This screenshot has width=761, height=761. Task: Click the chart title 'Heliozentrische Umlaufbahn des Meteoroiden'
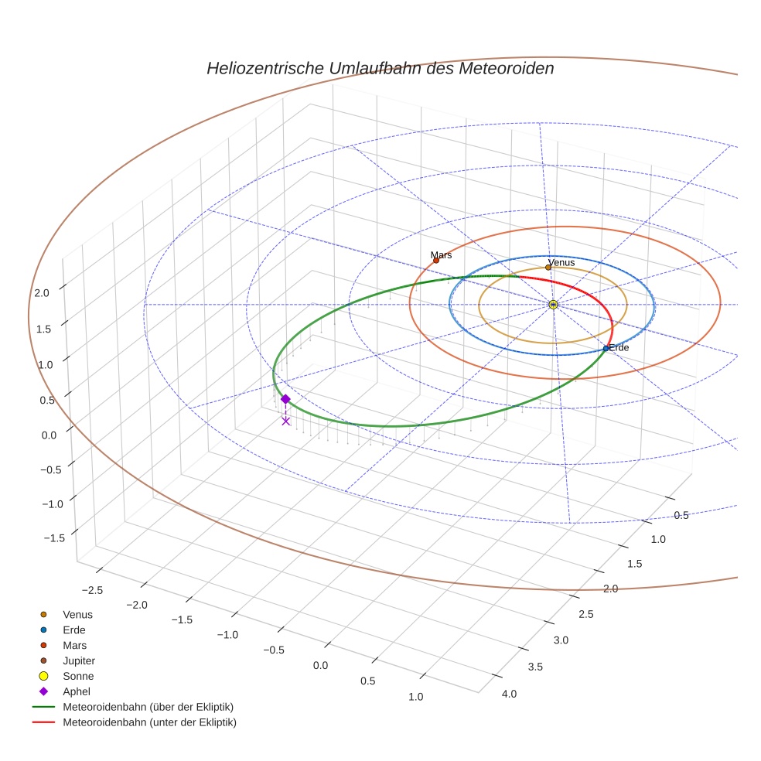(x=380, y=68)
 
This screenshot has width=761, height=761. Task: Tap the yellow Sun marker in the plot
(x=553, y=305)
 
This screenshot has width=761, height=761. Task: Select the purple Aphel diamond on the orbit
(x=285, y=399)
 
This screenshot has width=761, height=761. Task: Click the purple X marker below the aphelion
(x=286, y=421)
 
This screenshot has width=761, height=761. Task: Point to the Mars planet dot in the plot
(x=436, y=261)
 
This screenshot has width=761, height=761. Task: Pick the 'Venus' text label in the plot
(x=561, y=263)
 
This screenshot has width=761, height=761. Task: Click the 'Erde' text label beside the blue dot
(x=619, y=348)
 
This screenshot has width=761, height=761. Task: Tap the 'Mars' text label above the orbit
(x=441, y=254)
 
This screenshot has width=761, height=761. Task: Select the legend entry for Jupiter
(x=78, y=661)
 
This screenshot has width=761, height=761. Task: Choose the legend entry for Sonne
(x=78, y=677)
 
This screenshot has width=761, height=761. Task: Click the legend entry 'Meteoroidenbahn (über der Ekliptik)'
(x=148, y=707)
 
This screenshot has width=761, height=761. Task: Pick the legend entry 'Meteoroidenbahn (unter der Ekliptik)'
(x=149, y=722)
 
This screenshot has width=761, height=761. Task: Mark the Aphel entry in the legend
(x=76, y=691)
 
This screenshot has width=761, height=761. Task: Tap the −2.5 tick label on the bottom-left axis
(x=91, y=590)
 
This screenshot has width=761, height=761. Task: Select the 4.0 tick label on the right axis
(x=509, y=694)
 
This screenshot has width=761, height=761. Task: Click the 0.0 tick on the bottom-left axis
(x=320, y=666)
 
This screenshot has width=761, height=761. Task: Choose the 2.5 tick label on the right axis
(x=585, y=615)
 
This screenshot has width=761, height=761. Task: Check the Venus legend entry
(x=77, y=615)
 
